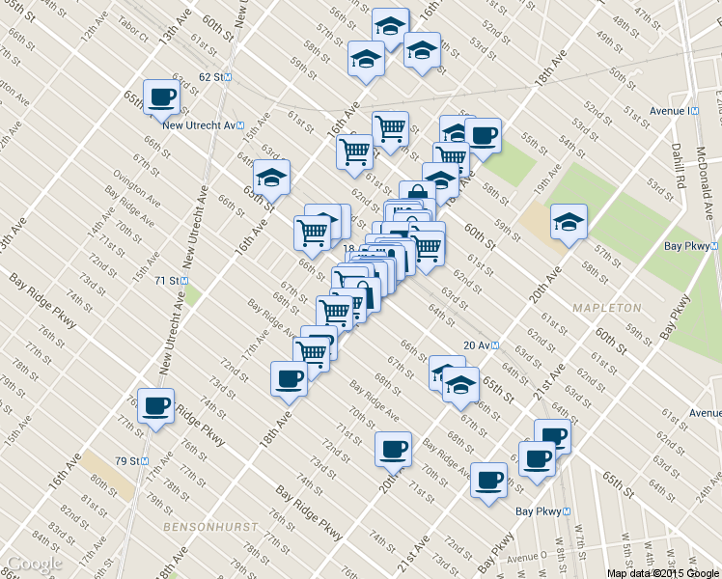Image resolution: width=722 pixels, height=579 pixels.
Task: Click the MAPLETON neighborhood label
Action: click(606, 307)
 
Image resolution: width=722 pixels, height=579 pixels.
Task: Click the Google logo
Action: click(33, 564)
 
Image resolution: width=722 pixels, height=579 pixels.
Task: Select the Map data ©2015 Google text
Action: click(661, 572)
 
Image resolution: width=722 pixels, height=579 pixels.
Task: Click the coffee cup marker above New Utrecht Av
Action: click(161, 96)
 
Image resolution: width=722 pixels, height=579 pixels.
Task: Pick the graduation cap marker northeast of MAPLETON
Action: click(569, 222)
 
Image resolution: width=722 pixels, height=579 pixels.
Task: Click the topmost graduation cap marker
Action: click(390, 25)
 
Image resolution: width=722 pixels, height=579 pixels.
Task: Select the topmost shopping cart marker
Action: click(390, 127)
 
